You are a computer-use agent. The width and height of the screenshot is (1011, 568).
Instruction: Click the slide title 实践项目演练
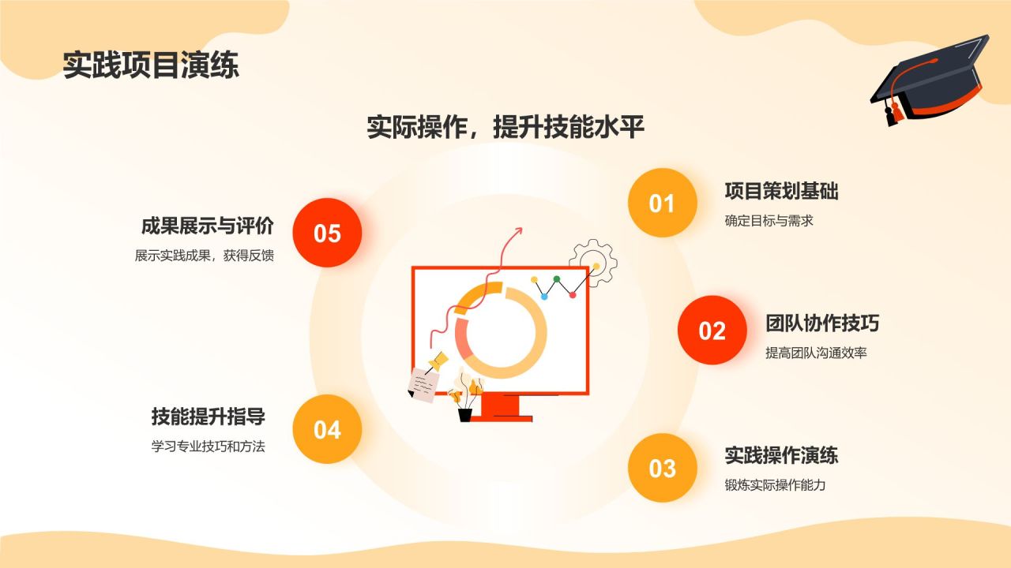(151, 65)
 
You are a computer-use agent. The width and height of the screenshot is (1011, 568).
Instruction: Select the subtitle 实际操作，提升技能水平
(505, 127)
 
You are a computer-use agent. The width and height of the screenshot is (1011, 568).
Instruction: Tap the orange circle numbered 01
(662, 203)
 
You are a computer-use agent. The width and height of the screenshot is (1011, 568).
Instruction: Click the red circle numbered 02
(712, 331)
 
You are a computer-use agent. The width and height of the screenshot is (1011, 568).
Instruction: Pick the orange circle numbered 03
(662, 468)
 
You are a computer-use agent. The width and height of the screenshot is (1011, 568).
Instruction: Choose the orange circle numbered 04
(327, 429)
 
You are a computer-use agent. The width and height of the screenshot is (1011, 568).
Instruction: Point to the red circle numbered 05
(327, 233)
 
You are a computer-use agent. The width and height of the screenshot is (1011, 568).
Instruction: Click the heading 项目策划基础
(781, 191)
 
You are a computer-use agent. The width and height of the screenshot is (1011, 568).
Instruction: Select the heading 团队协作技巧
(822, 323)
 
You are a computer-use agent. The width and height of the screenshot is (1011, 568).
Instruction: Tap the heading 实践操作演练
(781, 455)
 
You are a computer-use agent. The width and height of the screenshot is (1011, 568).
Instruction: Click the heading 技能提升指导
(208, 417)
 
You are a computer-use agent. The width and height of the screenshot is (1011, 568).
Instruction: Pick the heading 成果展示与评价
(208, 226)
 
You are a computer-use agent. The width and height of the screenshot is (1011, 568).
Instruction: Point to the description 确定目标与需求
(769, 221)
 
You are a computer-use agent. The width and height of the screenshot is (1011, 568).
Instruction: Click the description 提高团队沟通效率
(816, 353)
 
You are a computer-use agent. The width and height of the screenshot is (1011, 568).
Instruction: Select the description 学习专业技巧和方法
(208, 447)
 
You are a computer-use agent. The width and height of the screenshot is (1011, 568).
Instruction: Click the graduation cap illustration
(930, 79)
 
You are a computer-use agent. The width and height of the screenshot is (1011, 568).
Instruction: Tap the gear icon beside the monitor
(593, 263)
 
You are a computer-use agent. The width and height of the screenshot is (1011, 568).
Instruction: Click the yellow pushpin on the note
(437, 361)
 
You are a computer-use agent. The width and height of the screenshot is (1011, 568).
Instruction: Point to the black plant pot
(465, 415)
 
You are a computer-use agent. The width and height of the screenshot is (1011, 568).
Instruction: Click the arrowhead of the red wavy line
(518, 231)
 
